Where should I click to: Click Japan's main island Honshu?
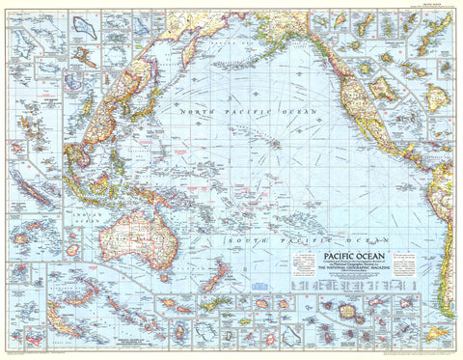click(144, 97)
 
